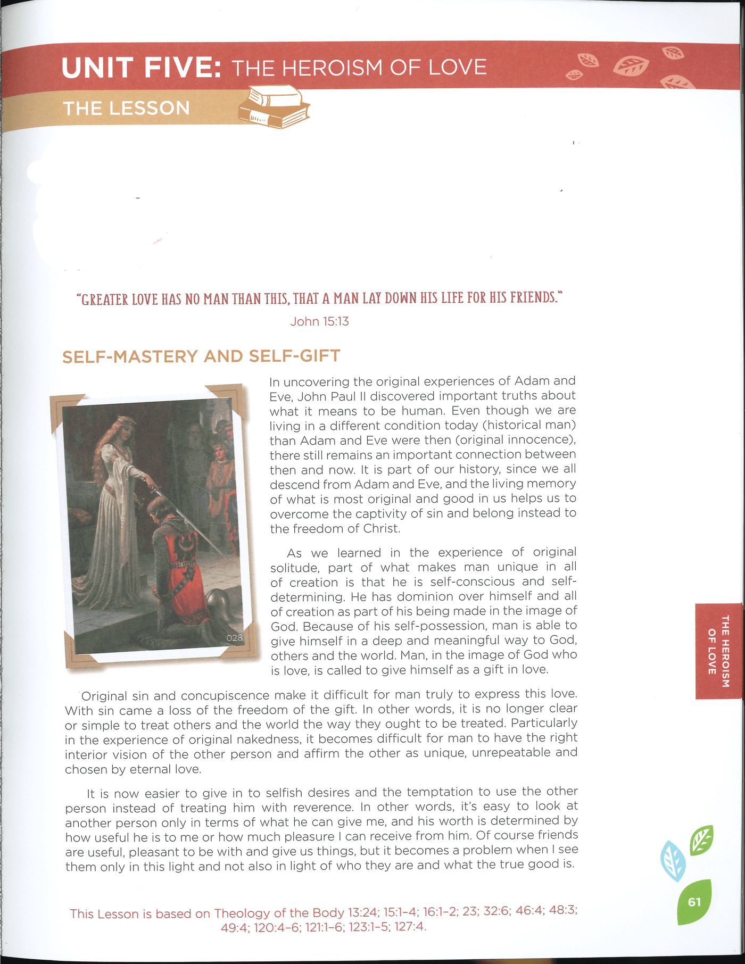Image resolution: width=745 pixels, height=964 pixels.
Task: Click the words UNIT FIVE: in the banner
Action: [141, 68]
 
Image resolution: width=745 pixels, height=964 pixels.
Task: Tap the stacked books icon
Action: [275, 108]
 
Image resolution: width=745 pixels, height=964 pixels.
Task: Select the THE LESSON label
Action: [126, 108]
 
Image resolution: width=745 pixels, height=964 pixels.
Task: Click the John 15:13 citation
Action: [319, 321]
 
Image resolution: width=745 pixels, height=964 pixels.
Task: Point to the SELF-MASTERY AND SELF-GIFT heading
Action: [201, 356]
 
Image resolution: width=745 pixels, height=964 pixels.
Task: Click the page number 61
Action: [694, 902]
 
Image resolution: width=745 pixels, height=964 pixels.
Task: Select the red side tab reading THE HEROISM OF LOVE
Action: [718, 651]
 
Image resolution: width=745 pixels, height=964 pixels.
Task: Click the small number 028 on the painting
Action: [234, 637]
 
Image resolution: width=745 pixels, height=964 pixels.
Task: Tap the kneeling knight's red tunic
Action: [184, 564]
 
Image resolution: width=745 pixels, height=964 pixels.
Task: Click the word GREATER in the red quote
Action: [104, 299]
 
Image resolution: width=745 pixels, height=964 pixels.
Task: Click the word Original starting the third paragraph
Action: [104, 696]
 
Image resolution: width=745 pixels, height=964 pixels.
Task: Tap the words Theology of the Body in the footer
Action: [279, 913]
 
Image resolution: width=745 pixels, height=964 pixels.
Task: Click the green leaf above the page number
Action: [701, 839]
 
